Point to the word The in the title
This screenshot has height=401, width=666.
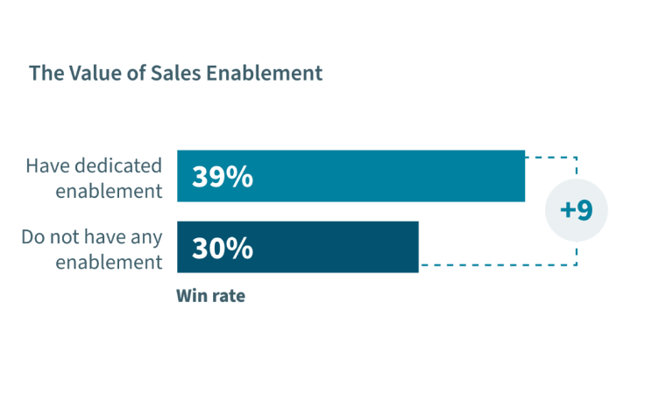coord(45,73)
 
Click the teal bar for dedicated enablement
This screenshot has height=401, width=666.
coord(394,176)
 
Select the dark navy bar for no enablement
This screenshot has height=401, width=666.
coord(351,247)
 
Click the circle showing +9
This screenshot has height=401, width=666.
coord(576,210)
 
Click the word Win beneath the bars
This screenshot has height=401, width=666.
coord(191,296)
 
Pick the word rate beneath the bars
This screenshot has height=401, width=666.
coord(227,296)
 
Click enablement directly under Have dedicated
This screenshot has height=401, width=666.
coord(109,190)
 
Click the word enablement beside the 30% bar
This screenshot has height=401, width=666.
coord(109,261)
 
